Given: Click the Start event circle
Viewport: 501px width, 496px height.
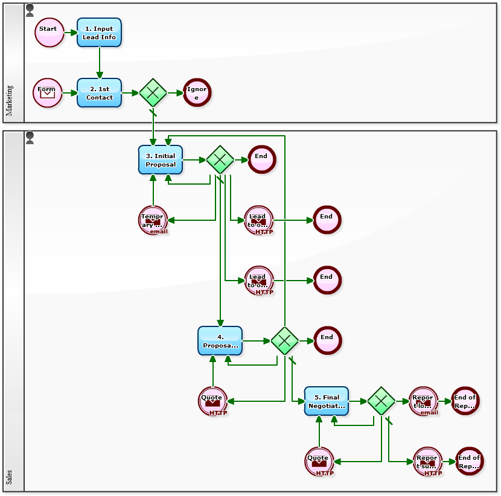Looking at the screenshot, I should [x=49, y=33].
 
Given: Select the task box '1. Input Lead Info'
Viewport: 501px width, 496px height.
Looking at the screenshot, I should [x=99, y=33].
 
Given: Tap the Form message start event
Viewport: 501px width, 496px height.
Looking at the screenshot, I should [x=47, y=93].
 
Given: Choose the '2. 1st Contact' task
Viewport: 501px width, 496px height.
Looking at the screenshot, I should [x=99, y=93].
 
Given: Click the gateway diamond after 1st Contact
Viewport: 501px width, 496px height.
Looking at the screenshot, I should [x=153, y=93].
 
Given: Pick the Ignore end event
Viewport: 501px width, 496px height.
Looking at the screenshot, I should [x=197, y=93].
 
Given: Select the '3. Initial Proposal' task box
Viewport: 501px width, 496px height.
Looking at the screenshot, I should [x=160, y=160].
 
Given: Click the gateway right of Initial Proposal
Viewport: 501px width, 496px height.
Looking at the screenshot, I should [x=220, y=160].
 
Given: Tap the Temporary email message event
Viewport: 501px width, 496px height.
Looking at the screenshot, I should [x=153, y=220].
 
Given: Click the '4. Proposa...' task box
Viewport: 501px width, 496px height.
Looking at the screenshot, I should [x=220, y=341].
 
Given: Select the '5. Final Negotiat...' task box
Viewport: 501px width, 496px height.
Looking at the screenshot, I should [x=326, y=401].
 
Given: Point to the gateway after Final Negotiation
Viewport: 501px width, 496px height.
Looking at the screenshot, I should [x=381, y=401].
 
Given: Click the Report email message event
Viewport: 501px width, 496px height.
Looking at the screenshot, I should [x=423, y=401].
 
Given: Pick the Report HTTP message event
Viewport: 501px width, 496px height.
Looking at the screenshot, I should [x=427, y=462].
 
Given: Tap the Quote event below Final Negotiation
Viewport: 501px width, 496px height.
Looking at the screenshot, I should [x=319, y=462].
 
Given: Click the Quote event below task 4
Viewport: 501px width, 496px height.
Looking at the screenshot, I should [x=212, y=401].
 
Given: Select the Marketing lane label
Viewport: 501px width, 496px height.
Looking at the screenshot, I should [x=9, y=100].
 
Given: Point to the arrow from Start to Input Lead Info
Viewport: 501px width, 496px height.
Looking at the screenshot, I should [x=70, y=33].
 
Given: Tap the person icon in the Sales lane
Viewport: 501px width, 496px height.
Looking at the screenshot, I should [x=30, y=138].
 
